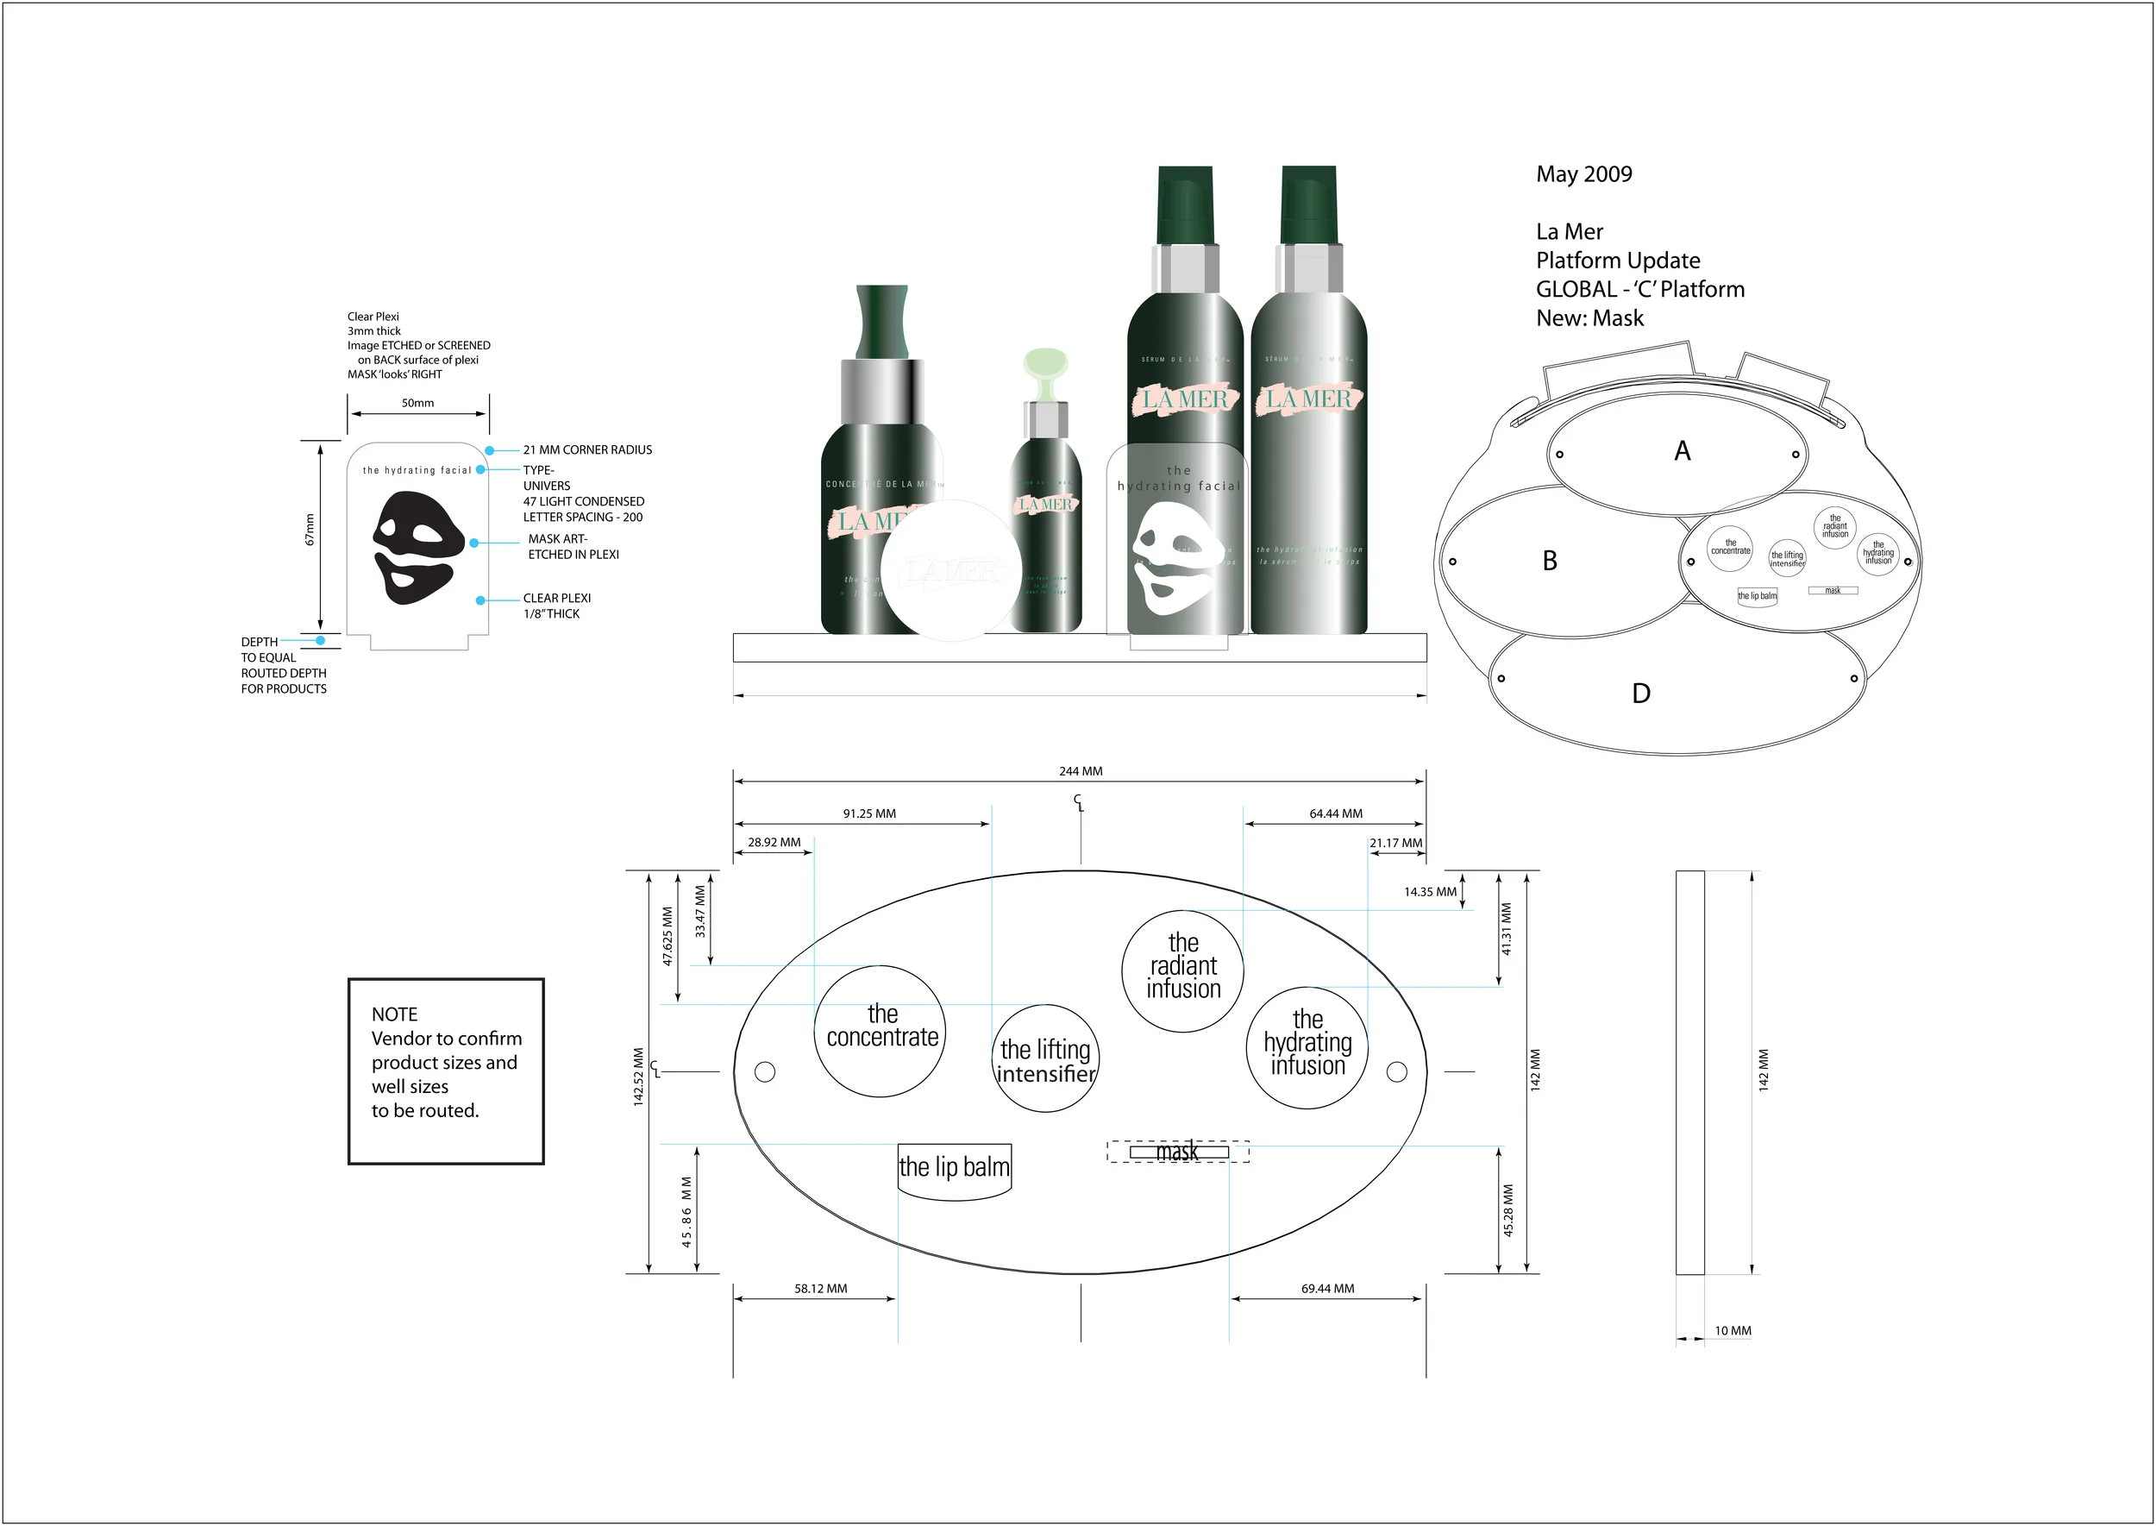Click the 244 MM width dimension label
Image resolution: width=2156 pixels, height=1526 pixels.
click(1081, 771)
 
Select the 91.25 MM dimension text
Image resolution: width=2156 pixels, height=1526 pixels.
click(869, 813)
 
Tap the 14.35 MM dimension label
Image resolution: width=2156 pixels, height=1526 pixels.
click(1430, 892)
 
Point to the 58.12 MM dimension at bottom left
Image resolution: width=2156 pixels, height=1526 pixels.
click(820, 1288)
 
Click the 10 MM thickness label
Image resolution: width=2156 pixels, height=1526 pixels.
click(1733, 1330)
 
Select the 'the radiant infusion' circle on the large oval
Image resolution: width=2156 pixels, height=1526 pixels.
click(1182, 970)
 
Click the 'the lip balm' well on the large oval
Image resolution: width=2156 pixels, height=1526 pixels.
click(954, 1170)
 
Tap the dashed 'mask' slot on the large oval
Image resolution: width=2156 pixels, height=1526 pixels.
click(1177, 1151)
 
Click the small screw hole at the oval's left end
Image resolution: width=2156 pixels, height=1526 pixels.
click(765, 1071)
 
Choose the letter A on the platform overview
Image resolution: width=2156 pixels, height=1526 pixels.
click(1682, 451)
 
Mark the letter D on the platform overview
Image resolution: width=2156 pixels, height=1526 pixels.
click(1640, 694)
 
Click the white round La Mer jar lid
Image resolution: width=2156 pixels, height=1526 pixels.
click(950, 570)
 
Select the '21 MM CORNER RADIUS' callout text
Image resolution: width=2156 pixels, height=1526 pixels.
click(587, 450)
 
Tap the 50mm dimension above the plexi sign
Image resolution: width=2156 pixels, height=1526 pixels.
click(417, 403)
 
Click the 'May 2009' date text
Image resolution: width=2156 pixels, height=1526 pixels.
click(1583, 175)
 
